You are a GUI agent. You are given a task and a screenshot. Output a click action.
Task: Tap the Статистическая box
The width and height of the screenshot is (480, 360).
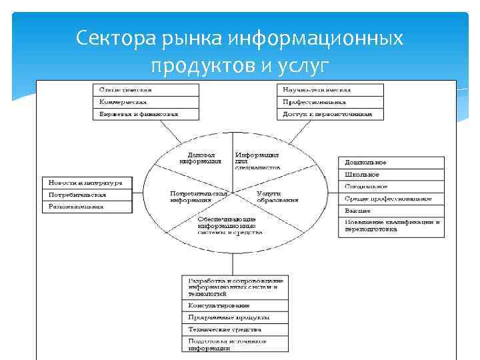145,90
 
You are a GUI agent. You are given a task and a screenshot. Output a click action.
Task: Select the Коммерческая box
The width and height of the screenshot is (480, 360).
145,102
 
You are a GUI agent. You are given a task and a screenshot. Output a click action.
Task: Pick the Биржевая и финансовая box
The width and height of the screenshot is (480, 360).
145,114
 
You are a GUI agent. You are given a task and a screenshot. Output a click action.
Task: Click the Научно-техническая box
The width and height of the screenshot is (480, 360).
330,90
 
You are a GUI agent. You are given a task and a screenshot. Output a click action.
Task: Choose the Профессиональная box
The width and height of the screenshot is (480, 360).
330,102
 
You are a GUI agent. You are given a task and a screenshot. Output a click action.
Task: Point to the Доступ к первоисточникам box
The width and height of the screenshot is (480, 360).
330,114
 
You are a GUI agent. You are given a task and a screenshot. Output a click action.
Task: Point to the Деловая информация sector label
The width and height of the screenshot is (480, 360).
200,157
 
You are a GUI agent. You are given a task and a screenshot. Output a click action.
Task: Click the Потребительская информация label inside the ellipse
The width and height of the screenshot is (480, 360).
193,196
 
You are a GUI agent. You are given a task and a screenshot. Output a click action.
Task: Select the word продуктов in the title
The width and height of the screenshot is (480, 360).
193,65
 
